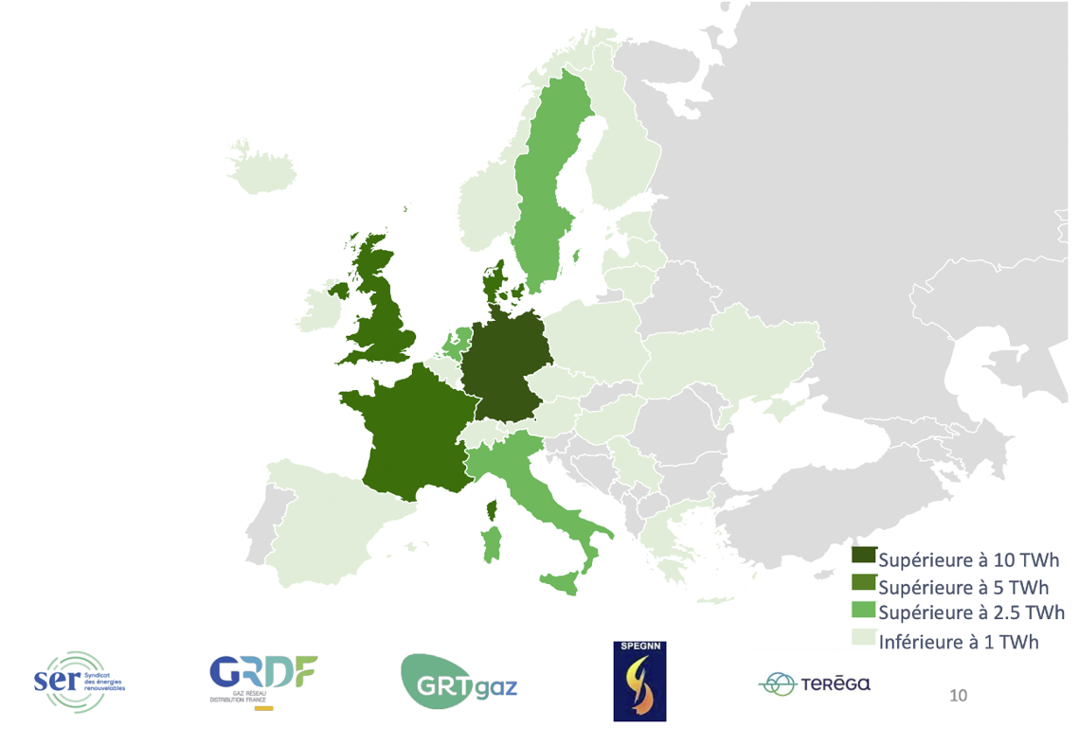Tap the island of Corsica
(492, 511)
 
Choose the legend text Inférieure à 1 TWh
(959, 642)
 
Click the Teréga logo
(815, 684)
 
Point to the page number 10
(958, 697)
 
